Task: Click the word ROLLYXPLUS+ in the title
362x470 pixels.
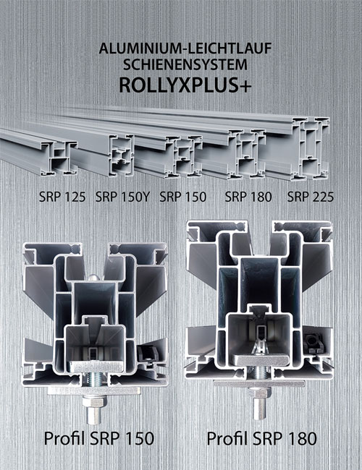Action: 185,85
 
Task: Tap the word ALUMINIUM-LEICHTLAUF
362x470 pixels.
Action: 185,48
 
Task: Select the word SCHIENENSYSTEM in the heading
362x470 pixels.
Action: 185,65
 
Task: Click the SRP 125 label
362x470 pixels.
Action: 62,197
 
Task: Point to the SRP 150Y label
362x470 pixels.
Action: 122,197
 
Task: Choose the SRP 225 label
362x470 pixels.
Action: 311,197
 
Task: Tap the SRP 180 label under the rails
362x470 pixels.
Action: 248,197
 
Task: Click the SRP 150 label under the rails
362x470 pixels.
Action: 182,197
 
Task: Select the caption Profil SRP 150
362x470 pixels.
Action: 99,438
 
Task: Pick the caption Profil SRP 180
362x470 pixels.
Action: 262,438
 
